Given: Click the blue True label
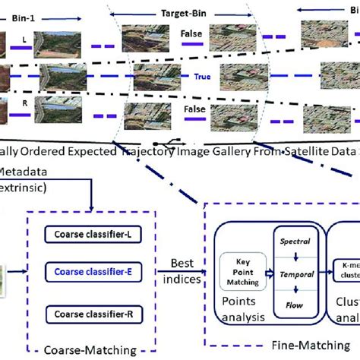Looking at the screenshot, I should point(202,76).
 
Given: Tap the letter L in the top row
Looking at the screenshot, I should point(27,37).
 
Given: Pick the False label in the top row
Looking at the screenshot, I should point(191,34).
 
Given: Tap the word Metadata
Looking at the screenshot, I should point(20,171).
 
